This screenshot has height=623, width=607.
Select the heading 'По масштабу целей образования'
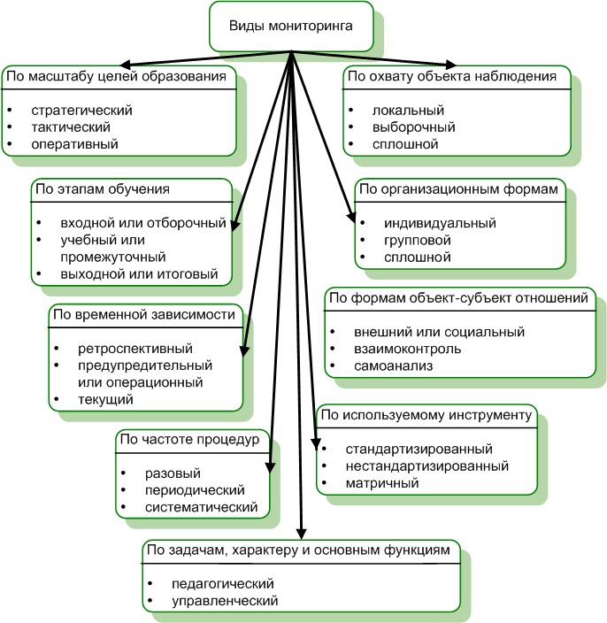[x=117, y=77]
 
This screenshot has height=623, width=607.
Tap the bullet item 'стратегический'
[x=81, y=111]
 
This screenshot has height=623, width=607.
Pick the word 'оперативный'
[x=74, y=143]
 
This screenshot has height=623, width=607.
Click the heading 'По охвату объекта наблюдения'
[x=451, y=77]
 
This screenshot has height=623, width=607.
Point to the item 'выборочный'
[x=413, y=127]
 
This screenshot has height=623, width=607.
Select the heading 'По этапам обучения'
[x=102, y=189]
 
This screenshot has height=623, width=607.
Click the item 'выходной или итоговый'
[x=139, y=273]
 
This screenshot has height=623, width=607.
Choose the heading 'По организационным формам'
[x=458, y=189]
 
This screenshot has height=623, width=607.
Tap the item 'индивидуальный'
[x=440, y=223]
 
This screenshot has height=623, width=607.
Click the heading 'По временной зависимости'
[x=144, y=314]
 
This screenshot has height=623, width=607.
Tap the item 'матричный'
[x=382, y=483]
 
